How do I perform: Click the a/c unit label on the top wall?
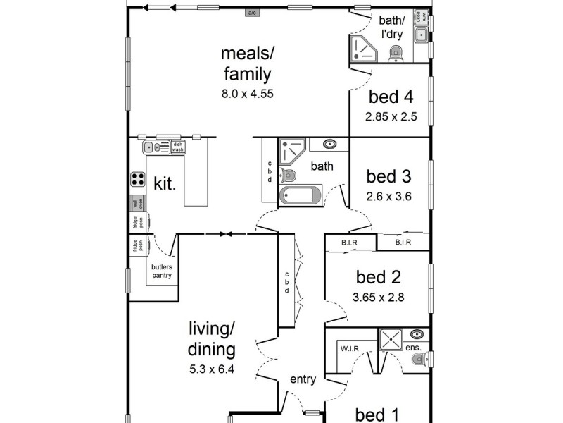(x=251, y=13)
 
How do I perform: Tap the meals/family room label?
(x=246, y=63)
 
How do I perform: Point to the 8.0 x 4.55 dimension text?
(x=246, y=92)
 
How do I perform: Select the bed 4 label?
(x=391, y=97)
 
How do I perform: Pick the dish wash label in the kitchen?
(x=177, y=147)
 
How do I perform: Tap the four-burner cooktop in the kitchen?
(x=137, y=180)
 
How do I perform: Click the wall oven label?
(x=139, y=204)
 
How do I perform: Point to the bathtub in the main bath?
(x=301, y=196)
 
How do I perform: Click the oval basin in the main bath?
(x=329, y=145)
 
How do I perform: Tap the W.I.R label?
(x=350, y=348)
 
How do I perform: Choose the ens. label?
(x=414, y=348)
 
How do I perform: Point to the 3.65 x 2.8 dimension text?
(x=379, y=298)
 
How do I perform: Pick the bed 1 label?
(x=379, y=414)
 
